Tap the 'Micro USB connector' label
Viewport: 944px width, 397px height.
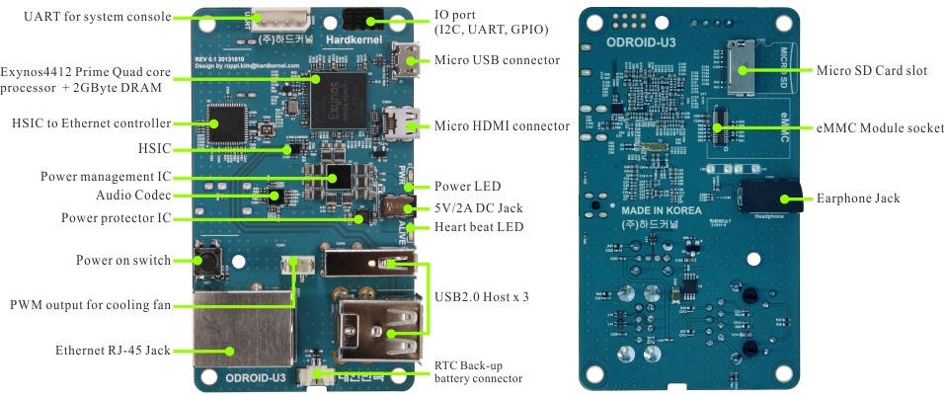pyautogui.click(x=497, y=60)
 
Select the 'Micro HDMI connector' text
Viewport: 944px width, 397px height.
pyautogui.click(x=502, y=125)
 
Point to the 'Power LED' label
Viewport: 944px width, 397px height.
pyautogui.click(x=468, y=186)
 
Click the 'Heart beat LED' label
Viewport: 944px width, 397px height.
pyautogui.click(x=479, y=227)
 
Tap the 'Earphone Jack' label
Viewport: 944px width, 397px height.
pyautogui.click(x=858, y=198)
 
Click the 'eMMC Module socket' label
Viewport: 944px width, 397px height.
pyautogui.click(x=873, y=127)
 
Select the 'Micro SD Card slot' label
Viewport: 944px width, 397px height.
pyautogui.click(x=870, y=70)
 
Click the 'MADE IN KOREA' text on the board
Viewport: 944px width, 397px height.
pyautogui.click(x=661, y=210)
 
